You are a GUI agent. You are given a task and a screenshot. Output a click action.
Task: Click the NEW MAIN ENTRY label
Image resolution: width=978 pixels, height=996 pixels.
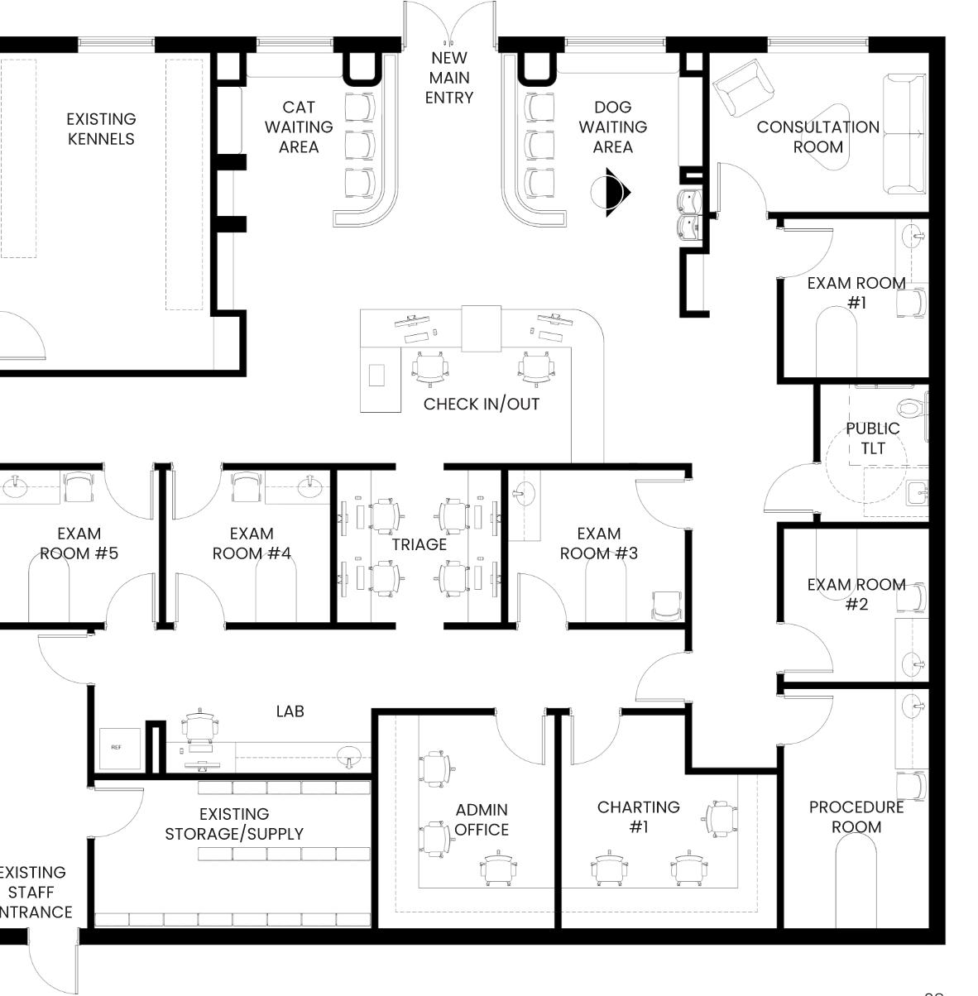tap(449, 78)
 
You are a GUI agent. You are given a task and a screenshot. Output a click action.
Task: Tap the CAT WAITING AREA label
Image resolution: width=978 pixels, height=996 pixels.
tap(299, 127)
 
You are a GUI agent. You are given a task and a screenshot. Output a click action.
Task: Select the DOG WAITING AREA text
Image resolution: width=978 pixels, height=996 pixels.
tap(612, 127)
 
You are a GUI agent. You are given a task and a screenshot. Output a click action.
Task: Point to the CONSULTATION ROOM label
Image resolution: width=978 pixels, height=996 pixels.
tap(817, 136)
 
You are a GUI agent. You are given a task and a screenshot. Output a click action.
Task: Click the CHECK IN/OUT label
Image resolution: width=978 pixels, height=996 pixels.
tap(482, 404)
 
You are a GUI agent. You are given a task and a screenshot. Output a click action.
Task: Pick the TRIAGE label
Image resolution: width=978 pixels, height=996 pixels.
tap(419, 544)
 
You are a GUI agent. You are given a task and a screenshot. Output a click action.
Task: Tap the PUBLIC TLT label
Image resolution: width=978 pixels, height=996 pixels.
tap(872, 438)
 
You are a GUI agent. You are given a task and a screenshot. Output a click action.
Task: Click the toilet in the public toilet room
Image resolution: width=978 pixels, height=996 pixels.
tap(910, 408)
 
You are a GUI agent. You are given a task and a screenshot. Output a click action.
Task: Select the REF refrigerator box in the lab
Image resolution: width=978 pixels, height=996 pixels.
tap(116, 747)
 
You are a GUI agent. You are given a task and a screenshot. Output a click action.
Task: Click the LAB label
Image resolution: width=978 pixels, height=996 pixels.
tap(290, 711)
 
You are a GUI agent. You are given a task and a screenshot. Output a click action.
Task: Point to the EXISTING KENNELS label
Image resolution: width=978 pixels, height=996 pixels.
tap(101, 129)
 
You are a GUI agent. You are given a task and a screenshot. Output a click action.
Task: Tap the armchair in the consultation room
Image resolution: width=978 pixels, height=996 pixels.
tap(744, 89)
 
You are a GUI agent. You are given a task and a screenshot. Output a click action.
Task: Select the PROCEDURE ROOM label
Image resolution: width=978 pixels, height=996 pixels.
tap(856, 816)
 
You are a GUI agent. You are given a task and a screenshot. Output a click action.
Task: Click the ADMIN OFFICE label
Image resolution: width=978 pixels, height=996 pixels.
tap(482, 819)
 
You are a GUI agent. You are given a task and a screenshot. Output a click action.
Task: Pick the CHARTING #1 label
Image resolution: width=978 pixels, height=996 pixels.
tap(639, 816)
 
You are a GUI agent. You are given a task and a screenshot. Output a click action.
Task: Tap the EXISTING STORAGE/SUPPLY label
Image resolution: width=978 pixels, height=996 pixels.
tap(234, 824)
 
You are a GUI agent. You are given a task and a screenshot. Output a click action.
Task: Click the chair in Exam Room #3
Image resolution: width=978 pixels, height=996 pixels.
tap(667, 605)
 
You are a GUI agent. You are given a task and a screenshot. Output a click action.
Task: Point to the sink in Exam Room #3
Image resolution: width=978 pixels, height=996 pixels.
tap(521, 495)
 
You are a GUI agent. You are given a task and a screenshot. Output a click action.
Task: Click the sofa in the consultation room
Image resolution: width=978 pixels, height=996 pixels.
tap(904, 135)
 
